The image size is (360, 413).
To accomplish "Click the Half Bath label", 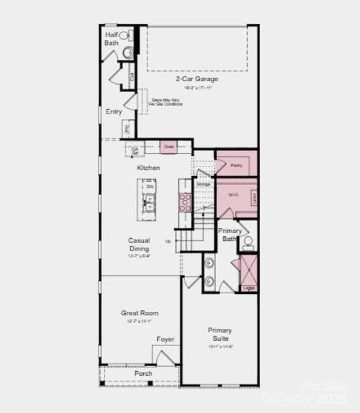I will click(112, 39).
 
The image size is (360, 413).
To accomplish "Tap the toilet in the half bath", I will click(125, 35).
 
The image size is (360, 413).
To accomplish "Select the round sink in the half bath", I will click(127, 52).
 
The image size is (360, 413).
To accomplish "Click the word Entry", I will click(114, 112).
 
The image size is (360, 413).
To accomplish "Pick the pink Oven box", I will click(169, 147).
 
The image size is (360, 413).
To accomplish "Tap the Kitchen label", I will click(148, 168).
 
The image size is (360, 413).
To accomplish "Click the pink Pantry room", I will click(236, 165).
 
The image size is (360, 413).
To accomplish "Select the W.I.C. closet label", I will click(234, 196).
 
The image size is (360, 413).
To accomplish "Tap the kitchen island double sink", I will click(149, 202).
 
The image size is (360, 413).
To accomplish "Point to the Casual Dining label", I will click(139, 245).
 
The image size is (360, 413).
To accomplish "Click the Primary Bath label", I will click(230, 235).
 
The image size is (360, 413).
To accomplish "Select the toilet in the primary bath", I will click(248, 242).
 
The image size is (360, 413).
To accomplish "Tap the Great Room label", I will click(140, 313).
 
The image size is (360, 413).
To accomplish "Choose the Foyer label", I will click(165, 339).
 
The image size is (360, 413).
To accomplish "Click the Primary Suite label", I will click(220, 334).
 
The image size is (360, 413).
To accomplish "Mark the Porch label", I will click(143, 374).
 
